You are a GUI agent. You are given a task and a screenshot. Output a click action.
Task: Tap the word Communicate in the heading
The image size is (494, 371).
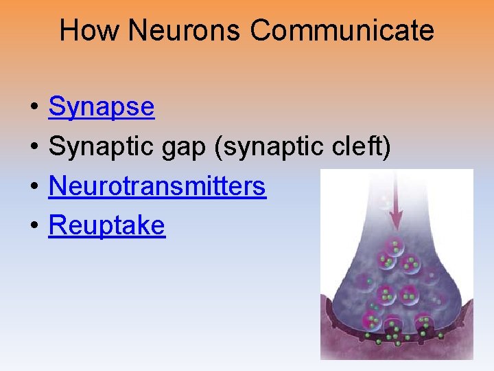[x=342, y=31]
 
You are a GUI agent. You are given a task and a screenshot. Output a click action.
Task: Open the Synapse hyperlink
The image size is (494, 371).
[x=102, y=107]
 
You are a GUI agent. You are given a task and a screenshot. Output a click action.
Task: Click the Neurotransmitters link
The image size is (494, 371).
[x=157, y=185]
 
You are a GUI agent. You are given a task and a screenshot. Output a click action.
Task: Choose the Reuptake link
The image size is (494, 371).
[x=106, y=225]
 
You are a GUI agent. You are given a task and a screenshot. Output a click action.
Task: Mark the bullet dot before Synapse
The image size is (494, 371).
[x=33, y=108]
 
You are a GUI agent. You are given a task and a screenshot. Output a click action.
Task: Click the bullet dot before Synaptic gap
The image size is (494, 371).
[x=33, y=147]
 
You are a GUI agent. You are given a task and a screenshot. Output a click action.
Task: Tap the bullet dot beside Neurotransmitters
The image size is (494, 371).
[x=33, y=186]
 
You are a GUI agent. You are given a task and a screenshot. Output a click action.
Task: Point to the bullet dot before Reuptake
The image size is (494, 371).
[x=33, y=226]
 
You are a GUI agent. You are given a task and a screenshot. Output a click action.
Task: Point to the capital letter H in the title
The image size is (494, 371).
[x=68, y=31]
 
